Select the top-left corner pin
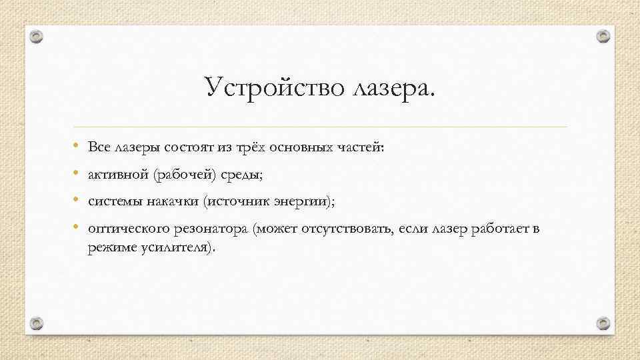[x=37, y=36]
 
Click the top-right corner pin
[x=603, y=36]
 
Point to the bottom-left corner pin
[x=37, y=323]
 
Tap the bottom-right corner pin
[x=603, y=323]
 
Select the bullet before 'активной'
[x=78, y=175]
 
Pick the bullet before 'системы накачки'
[x=78, y=201]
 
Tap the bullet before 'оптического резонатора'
[x=78, y=229]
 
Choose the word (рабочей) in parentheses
[x=179, y=175]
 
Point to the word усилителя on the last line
[x=178, y=248]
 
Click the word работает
[x=492, y=229]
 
